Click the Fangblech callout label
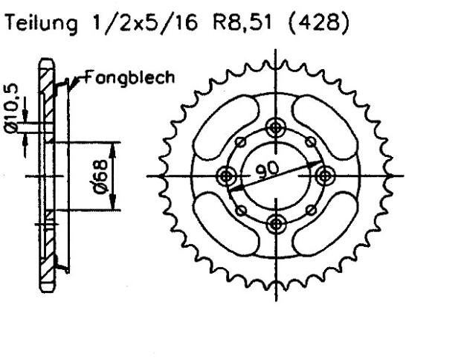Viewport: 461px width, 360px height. coord(130,77)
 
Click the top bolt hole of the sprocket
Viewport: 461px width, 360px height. coord(277,126)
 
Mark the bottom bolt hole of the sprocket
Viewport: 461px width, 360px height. coord(277,224)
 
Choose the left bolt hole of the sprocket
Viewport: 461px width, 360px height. coord(227,176)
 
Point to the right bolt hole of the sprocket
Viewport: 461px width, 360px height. coord(325,176)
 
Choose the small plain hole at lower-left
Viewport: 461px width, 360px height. coord(240,210)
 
